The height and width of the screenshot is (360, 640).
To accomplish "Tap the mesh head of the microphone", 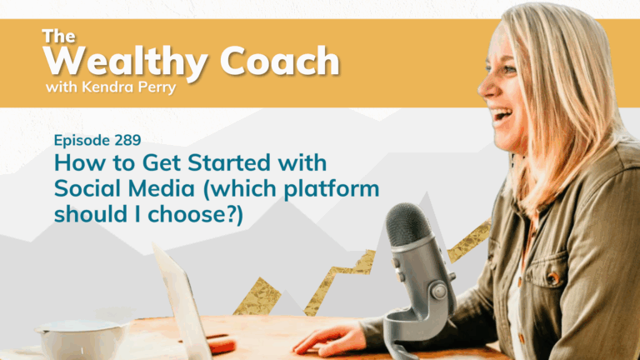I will (x=409, y=225).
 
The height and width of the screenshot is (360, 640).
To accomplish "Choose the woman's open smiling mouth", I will (x=502, y=115).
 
